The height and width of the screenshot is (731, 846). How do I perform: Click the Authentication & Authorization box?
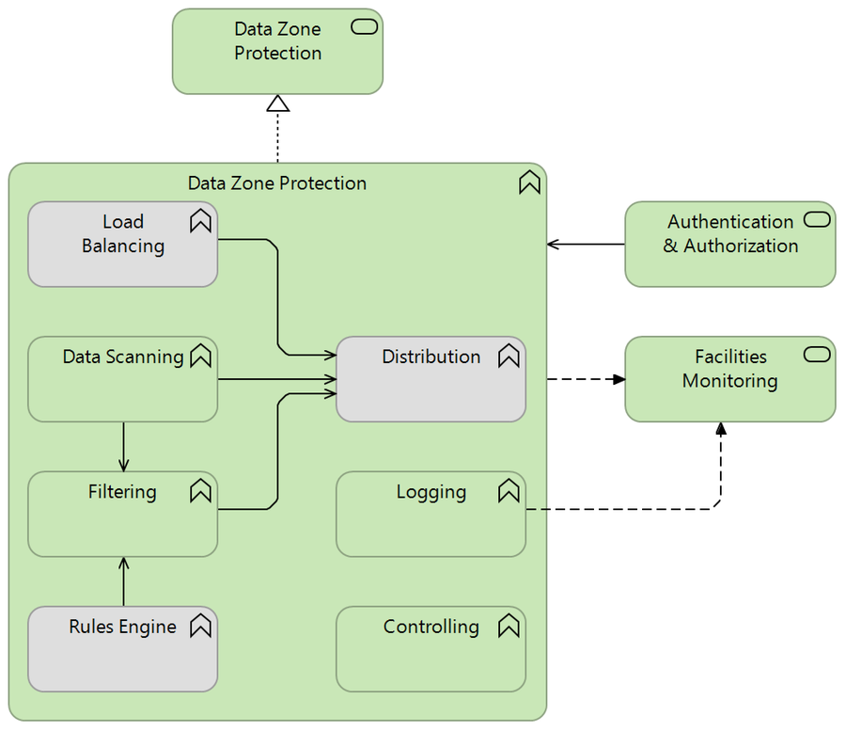coord(729,245)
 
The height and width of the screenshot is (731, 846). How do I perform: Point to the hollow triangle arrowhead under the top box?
coord(277,103)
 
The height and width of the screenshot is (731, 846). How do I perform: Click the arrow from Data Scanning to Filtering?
coord(123,447)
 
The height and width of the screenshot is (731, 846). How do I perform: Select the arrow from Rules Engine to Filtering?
coord(123,581)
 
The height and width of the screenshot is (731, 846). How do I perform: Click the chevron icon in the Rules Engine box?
coord(200,626)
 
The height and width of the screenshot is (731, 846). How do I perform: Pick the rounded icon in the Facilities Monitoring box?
coord(817,355)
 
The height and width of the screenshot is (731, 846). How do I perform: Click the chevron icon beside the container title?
coord(530,183)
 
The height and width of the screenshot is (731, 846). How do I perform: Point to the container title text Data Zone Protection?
coord(277,183)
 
